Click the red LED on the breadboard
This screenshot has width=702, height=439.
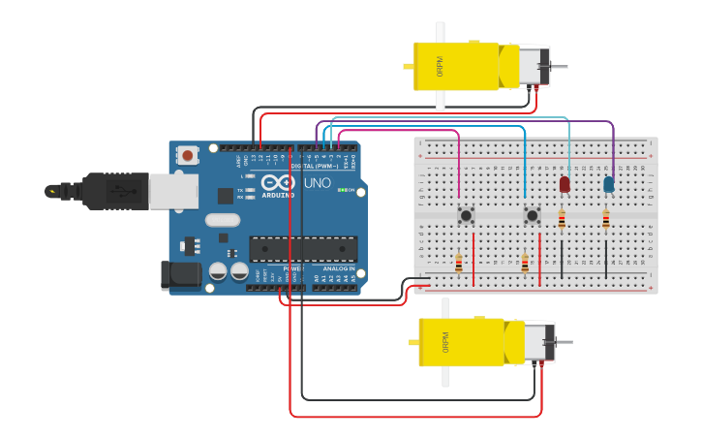[x=565, y=183]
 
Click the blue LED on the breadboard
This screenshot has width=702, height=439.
[x=608, y=184]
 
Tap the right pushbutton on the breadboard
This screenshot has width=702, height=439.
[x=532, y=214]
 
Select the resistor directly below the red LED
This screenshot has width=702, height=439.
[x=562, y=221]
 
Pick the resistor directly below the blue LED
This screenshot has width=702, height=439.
[x=606, y=222]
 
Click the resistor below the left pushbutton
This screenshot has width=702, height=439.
[x=459, y=263]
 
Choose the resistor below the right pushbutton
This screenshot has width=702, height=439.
[x=525, y=263]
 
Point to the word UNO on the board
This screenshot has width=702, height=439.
[x=318, y=183]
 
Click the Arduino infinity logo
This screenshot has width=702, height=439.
[x=278, y=182]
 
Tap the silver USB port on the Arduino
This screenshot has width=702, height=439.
[x=174, y=191]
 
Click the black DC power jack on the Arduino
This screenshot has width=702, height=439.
[x=181, y=274]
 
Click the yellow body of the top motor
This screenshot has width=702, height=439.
[x=455, y=66]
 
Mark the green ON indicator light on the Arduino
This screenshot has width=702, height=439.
[x=342, y=190]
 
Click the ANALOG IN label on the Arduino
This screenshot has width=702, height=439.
[x=338, y=268]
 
